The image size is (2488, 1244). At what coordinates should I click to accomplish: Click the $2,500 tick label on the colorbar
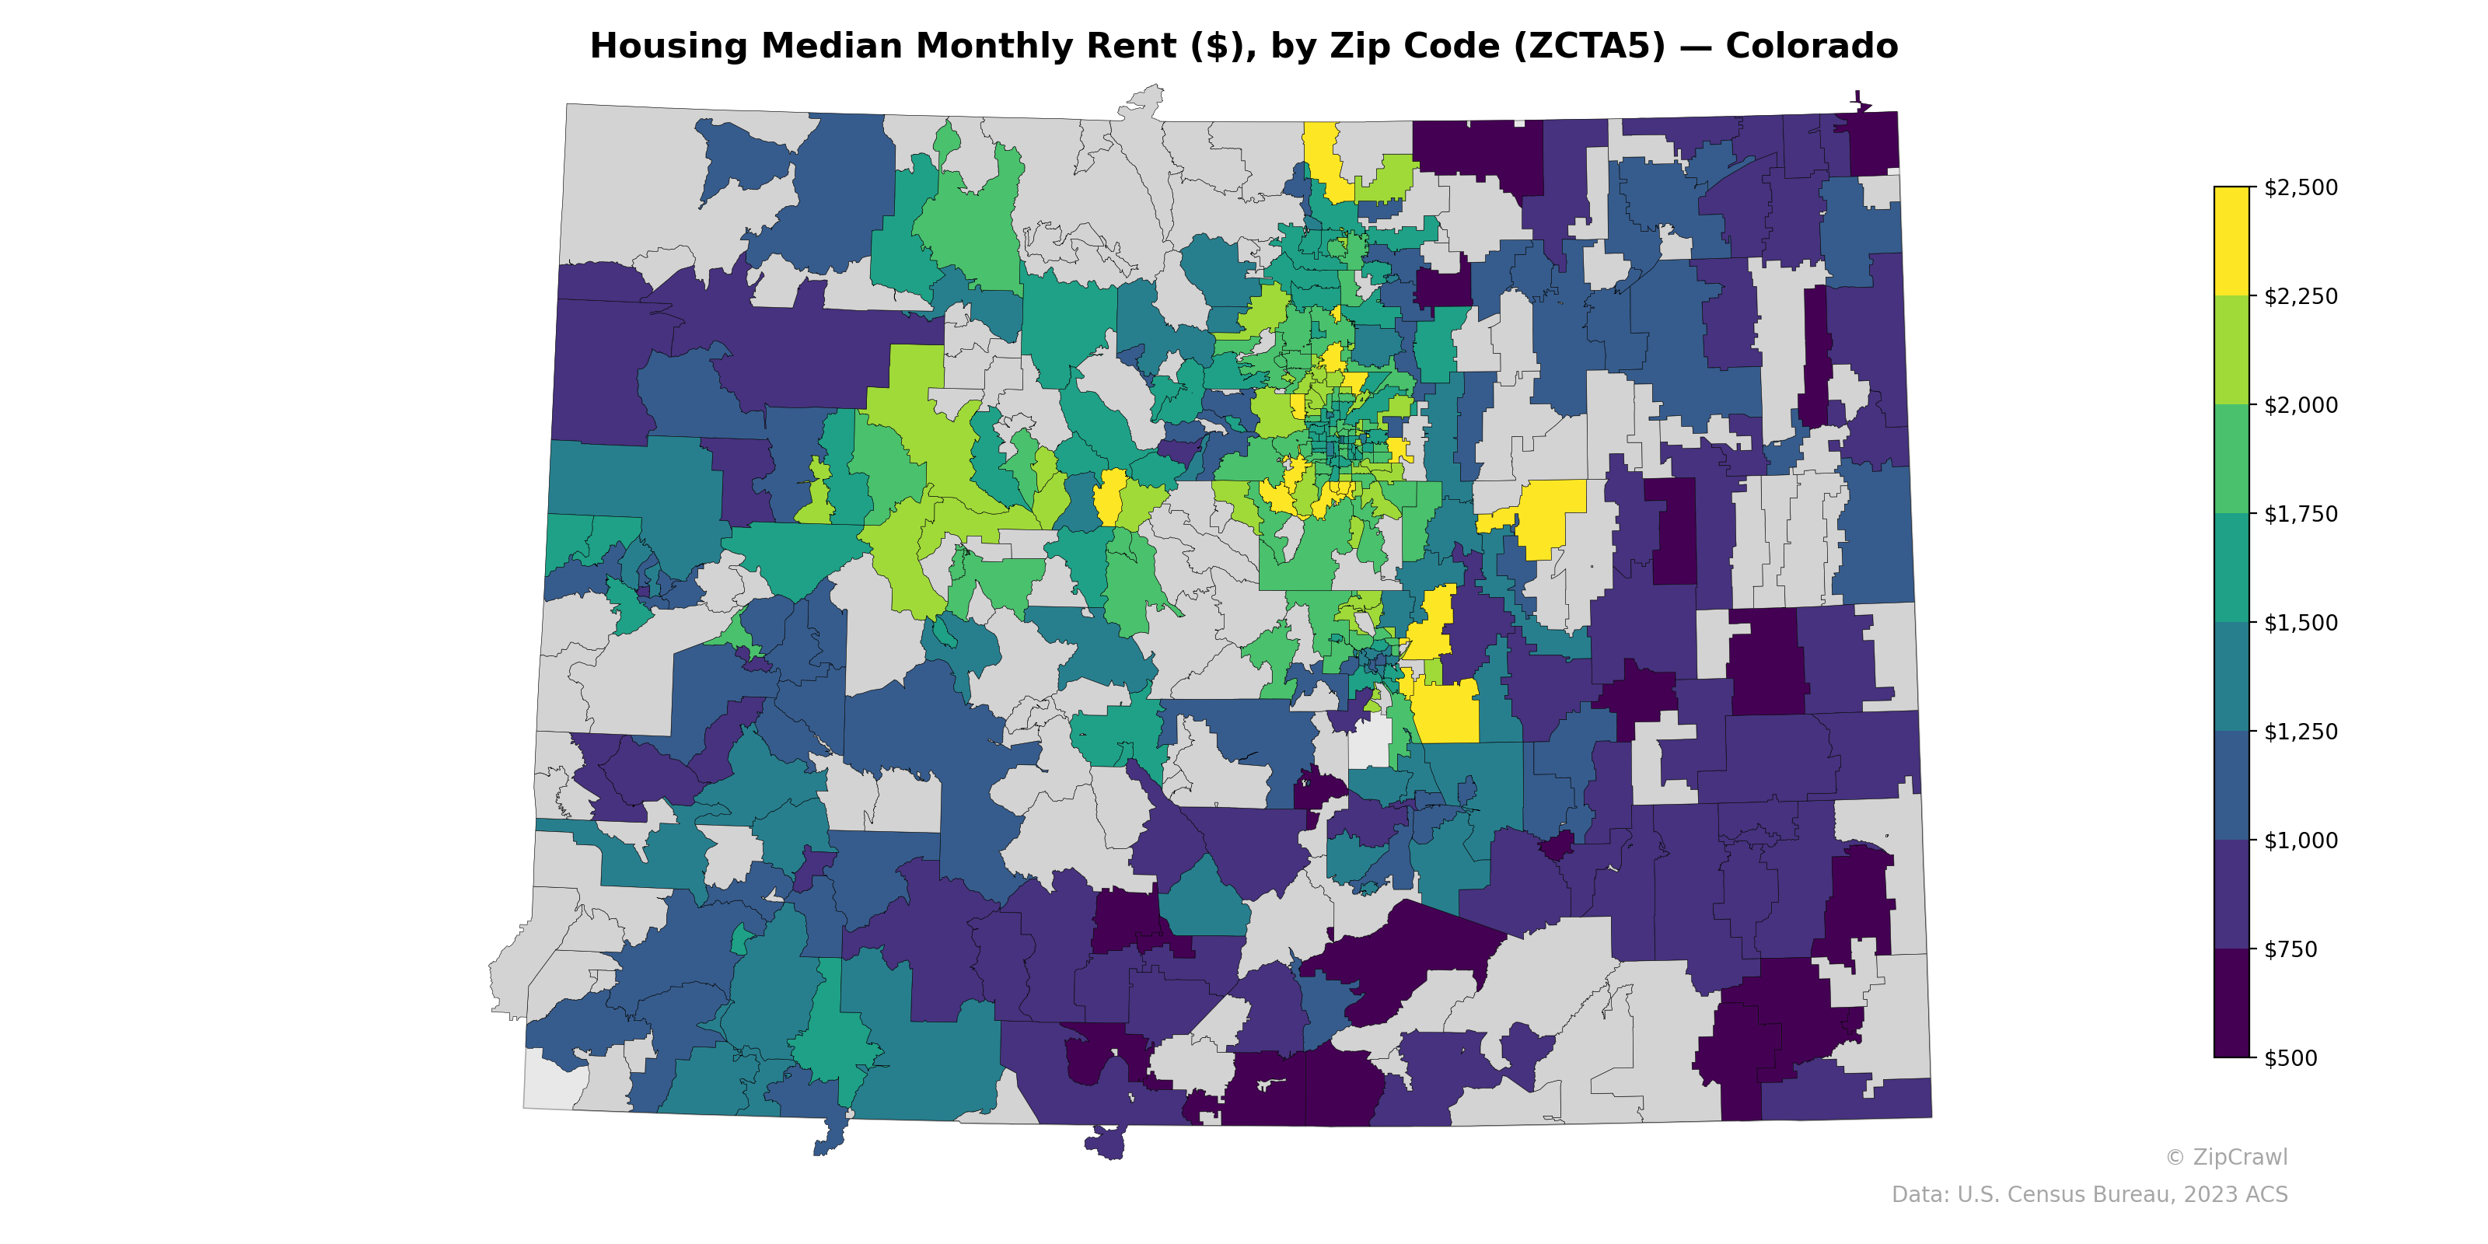coord(2301,187)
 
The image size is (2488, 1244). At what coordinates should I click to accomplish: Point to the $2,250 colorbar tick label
coord(2301,296)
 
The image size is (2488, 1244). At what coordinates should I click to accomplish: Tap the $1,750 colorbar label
coord(2301,514)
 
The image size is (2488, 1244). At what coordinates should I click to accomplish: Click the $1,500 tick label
coord(2301,623)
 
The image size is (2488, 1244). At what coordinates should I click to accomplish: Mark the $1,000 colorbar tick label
coord(2301,840)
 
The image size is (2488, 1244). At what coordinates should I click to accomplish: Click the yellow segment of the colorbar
coord(2231,242)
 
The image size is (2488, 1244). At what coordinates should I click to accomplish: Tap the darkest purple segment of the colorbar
coord(2231,1005)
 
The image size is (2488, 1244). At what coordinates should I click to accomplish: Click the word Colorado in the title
coord(1811,47)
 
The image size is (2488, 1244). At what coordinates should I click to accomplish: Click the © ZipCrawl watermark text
coord(2226,1157)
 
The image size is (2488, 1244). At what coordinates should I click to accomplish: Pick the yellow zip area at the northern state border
coord(1323,155)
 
